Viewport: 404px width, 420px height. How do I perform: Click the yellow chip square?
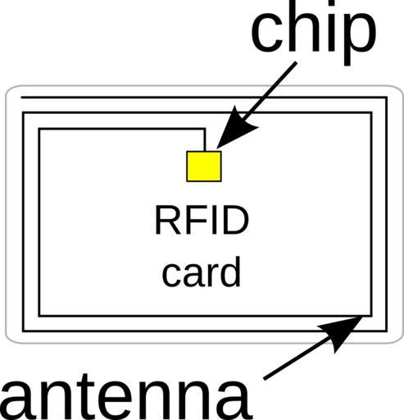[x=204, y=167]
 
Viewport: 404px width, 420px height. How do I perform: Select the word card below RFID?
[x=201, y=272]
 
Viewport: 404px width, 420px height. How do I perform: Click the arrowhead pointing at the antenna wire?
[x=342, y=331]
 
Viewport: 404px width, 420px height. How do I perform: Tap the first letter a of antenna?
[x=17, y=401]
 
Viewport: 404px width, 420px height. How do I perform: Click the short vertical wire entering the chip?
[x=204, y=139]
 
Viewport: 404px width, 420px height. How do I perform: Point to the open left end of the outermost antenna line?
[x=21, y=98]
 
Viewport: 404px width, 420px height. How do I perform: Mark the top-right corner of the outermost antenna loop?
[x=386, y=98]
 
